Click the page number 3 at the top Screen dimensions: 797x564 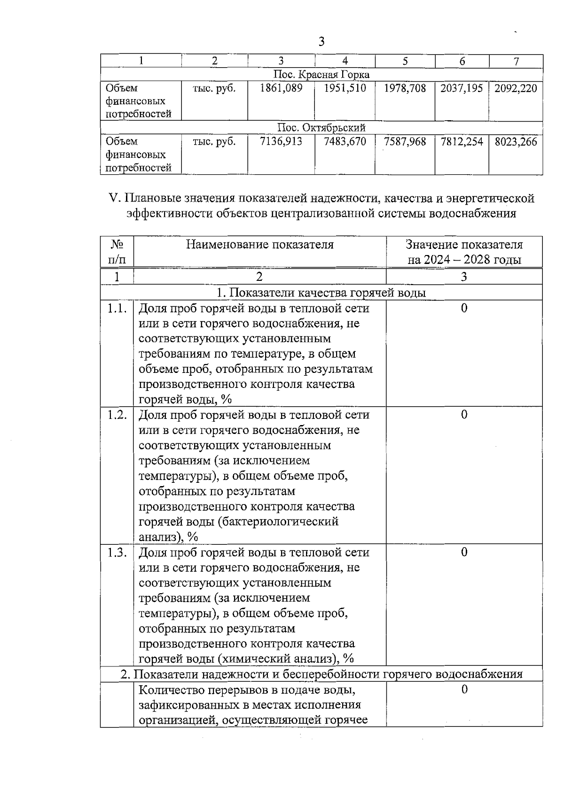321,42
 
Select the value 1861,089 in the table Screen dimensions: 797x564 281,88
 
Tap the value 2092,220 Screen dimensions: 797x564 516,88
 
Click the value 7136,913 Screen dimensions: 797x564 281,142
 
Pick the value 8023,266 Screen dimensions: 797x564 516,142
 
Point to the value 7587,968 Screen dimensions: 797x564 405,142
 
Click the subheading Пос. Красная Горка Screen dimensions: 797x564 321,75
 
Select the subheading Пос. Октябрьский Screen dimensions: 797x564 321,128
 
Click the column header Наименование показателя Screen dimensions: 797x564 260,245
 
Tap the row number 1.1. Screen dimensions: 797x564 117,309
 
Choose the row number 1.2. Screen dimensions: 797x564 117,415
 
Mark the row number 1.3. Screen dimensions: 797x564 117,552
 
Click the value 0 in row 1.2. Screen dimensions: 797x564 464,415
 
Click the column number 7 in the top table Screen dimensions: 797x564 516,61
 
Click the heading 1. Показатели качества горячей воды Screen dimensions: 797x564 321,293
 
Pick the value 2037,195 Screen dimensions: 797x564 462,88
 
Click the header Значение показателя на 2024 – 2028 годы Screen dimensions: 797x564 464,252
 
